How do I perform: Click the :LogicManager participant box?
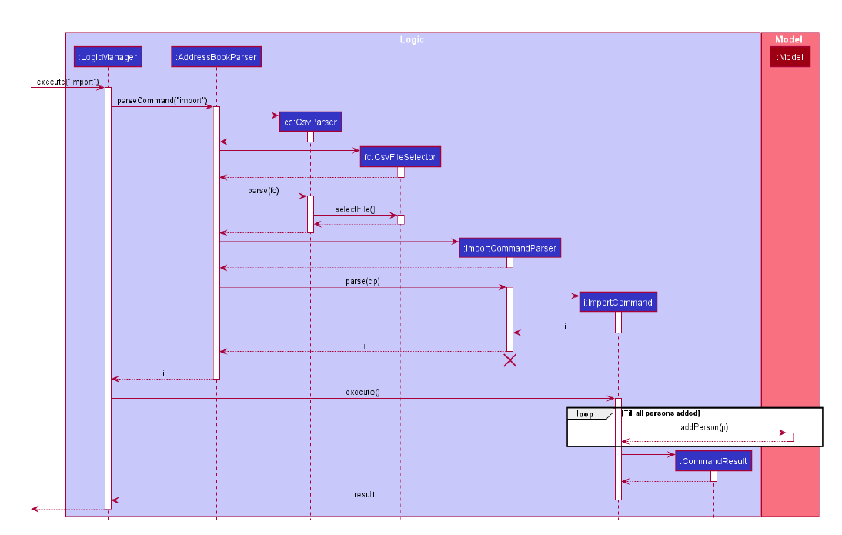click(x=108, y=57)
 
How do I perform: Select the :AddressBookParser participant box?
click(x=216, y=57)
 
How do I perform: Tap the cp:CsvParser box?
click(x=310, y=122)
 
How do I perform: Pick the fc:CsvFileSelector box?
click(x=400, y=157)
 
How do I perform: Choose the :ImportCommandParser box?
click(x=510, y=248)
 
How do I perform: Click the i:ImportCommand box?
click(x=618, y=302)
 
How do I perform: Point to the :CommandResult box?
click(x=713, y=461)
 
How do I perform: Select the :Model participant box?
click(x=790, y=57)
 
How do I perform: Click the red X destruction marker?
click(x=510, y=359)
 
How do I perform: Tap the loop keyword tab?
click(x=586, y=413)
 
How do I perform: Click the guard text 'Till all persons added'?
click(x=660, y=413)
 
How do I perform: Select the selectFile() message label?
click(x=355, y=209)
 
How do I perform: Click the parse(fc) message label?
click(x=263, y=190)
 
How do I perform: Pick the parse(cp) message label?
click(x=363, y=281)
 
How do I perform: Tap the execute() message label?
click(x=363, y=392)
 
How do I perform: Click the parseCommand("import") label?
click(x=162, y=101)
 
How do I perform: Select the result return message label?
click(x=364, y=493)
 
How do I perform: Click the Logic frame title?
click(x=412, y=39)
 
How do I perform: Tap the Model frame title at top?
click(x=789, y=39)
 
